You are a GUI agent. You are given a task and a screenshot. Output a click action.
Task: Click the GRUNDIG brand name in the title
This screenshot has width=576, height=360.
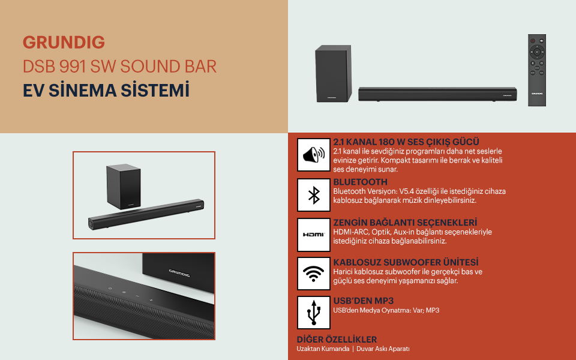pos(64,42)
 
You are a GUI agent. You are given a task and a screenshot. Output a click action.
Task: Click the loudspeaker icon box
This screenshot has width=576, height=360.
pos(313,155)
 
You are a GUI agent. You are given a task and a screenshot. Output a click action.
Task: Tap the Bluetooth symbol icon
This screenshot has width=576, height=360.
pos(313,195)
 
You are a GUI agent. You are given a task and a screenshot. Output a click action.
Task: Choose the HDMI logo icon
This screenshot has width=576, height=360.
pos(313,235)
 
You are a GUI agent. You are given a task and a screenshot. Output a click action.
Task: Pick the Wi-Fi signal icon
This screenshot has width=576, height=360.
pos(313,274)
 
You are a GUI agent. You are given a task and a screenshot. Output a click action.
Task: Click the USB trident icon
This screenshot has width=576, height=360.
pos(313,313)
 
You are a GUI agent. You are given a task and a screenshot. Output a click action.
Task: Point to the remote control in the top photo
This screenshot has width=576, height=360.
pos(536,70)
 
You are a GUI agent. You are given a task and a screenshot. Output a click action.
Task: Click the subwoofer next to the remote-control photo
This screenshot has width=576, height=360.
pos(333,73)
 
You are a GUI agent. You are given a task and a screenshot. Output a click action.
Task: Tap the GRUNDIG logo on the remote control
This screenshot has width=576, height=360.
pos(536,94)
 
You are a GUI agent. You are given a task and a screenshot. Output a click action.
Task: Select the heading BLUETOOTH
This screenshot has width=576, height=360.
pos(361,182)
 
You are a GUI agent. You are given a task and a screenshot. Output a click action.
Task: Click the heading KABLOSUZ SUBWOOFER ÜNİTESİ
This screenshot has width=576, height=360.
pos(406,262)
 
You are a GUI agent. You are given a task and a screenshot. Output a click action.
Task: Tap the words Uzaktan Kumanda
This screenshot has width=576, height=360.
pos(323,349)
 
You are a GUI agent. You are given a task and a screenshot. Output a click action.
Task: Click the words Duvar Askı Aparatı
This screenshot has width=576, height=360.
pos(383,349)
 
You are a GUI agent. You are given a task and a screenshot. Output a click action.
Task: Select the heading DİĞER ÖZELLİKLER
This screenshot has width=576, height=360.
pos(337,340)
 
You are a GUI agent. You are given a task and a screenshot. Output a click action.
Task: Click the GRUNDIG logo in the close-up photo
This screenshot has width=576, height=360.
pos(179,273)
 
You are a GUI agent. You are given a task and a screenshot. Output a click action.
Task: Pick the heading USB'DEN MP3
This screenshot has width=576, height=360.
pos(364,301)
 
